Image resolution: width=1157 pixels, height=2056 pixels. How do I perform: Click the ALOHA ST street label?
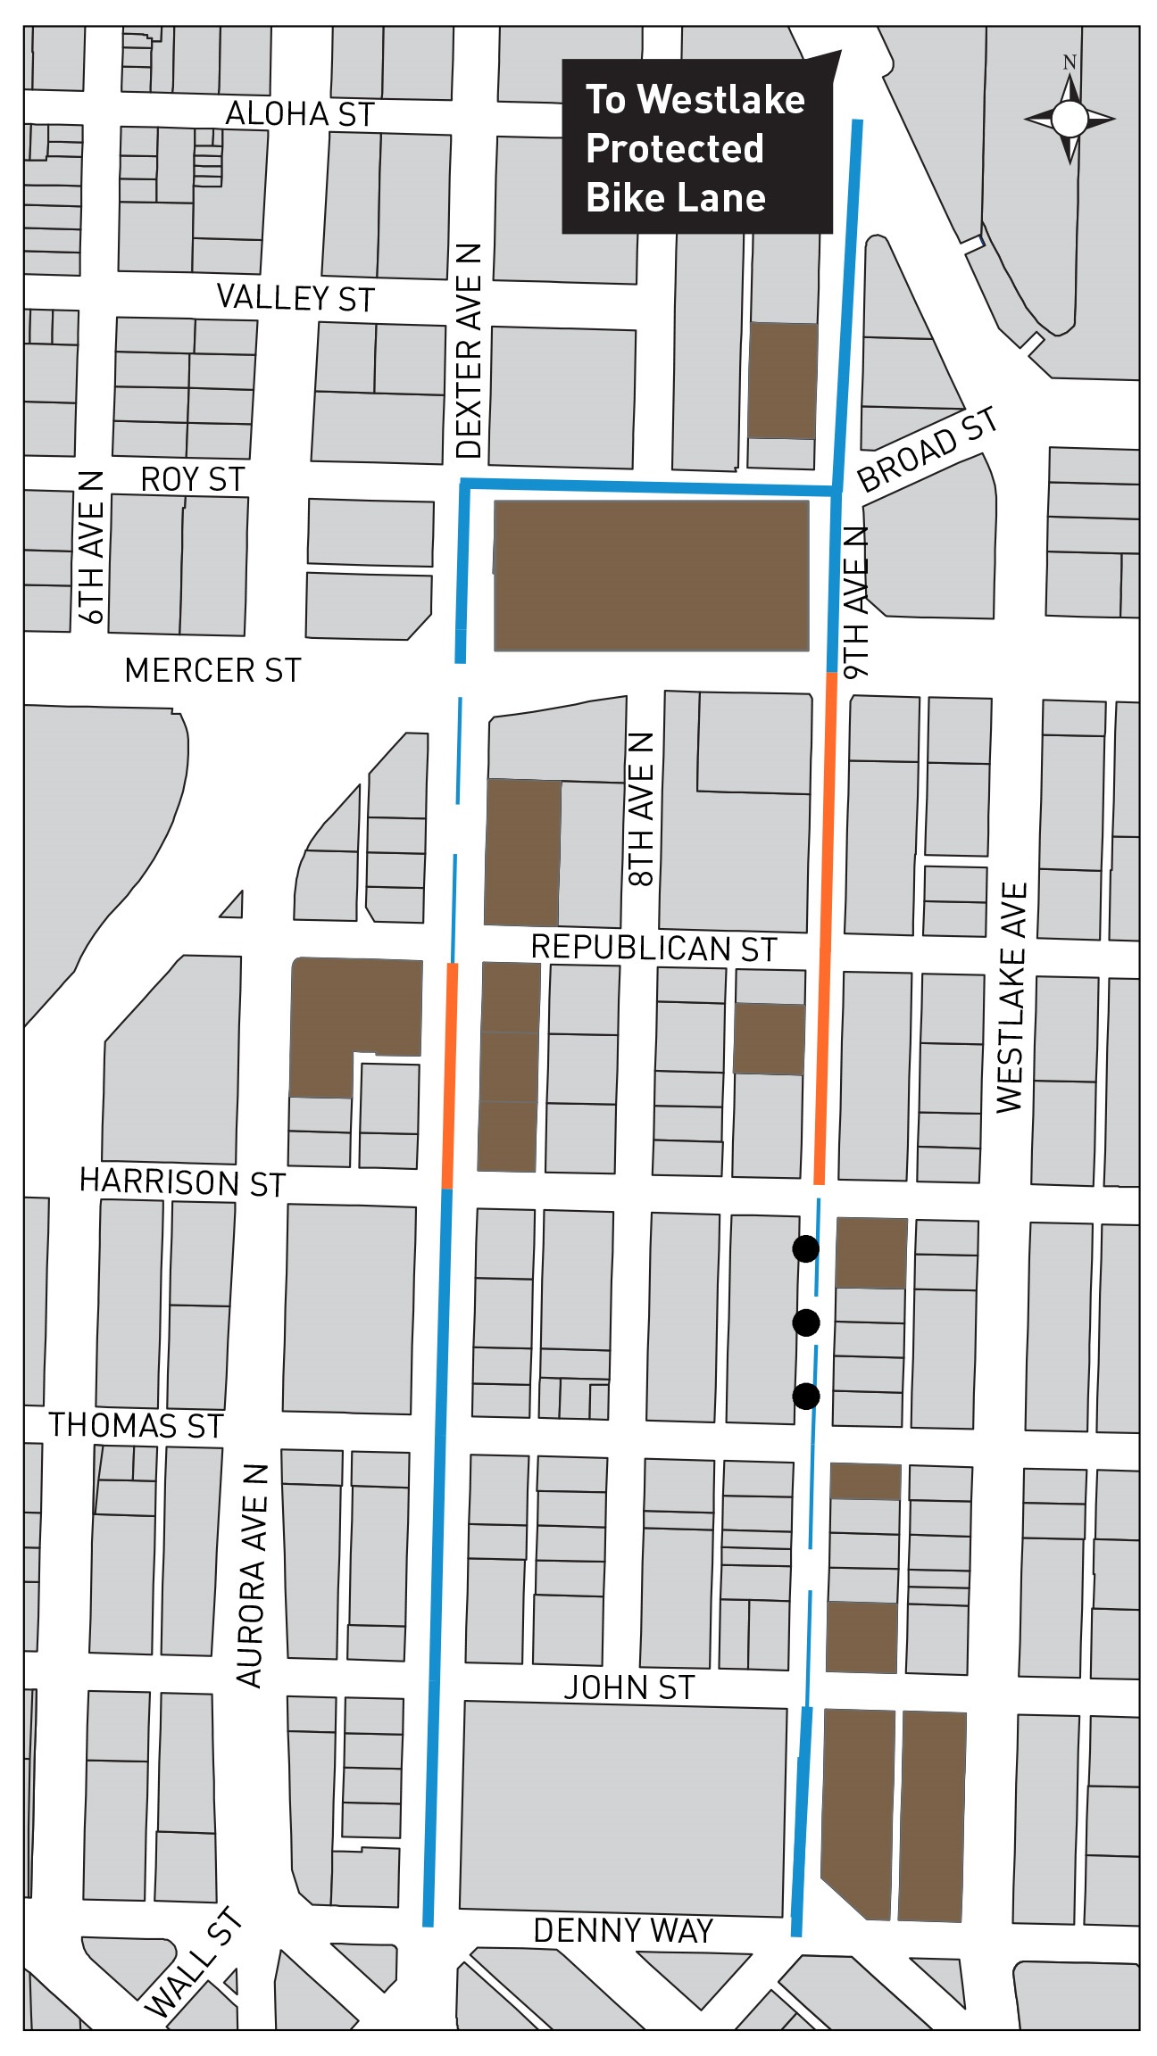coord(299,114)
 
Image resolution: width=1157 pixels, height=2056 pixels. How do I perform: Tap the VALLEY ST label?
coord(295,297)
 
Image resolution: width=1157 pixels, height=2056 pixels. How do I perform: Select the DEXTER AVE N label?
coord(469,351)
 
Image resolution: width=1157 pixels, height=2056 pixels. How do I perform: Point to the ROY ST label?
coord(193,479)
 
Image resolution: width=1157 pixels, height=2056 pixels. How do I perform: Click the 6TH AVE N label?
coord(91,547)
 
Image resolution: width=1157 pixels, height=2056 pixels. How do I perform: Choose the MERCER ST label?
coord(212,670)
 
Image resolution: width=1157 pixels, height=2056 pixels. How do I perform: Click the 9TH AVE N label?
coord(855,602)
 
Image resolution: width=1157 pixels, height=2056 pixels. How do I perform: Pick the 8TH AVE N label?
coord(642,809)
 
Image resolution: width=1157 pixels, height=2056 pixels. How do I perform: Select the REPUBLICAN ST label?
coord(653,948)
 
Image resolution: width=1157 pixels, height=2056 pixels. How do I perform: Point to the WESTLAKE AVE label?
coord(1011,997)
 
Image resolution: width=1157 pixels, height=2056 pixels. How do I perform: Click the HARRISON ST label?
coord(182,1181)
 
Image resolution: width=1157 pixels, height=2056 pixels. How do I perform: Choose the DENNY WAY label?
coord(623,1930)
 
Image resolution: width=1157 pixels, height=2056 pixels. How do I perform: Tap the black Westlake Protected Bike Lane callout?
coord(695,148)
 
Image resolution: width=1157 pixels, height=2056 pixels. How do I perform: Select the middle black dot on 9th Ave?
coord(805,1322)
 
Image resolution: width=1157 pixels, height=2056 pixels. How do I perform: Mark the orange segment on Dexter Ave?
coord(450,1075)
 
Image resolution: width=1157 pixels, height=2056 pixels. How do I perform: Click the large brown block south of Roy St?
coord(651,576)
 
